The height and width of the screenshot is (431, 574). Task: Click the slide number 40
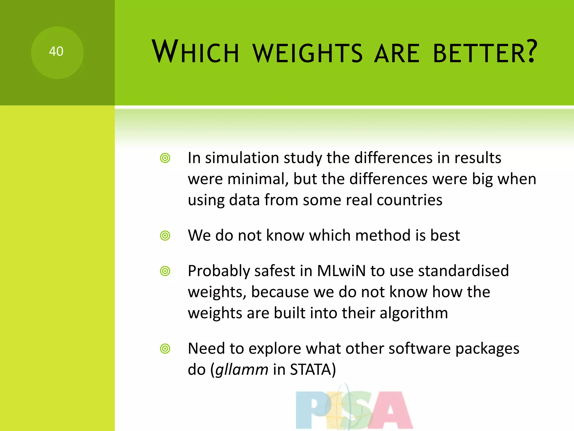56,52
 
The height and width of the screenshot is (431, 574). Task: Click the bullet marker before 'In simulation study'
165,158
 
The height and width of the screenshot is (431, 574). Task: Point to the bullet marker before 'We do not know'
165,236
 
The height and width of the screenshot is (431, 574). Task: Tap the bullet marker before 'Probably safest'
165,271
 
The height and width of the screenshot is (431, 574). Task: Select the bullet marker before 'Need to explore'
165,349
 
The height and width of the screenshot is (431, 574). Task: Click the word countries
409,200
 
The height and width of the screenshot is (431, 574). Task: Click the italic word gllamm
242,370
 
